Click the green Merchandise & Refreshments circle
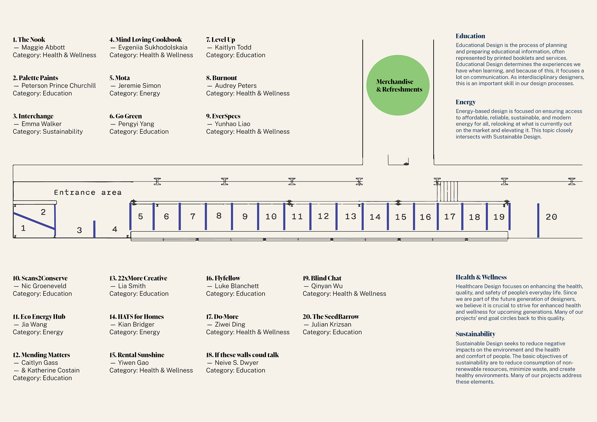398,85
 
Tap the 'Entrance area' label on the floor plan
88,192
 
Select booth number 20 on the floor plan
551,217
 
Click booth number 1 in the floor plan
23,228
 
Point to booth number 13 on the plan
350,216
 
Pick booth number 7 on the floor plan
193,216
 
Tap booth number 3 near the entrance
79,230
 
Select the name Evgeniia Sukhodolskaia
153,48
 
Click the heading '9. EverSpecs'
223,116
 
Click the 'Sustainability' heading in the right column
475,334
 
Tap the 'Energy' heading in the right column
465,102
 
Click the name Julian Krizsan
331,325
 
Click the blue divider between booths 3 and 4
94,229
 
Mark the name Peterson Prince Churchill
58,86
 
